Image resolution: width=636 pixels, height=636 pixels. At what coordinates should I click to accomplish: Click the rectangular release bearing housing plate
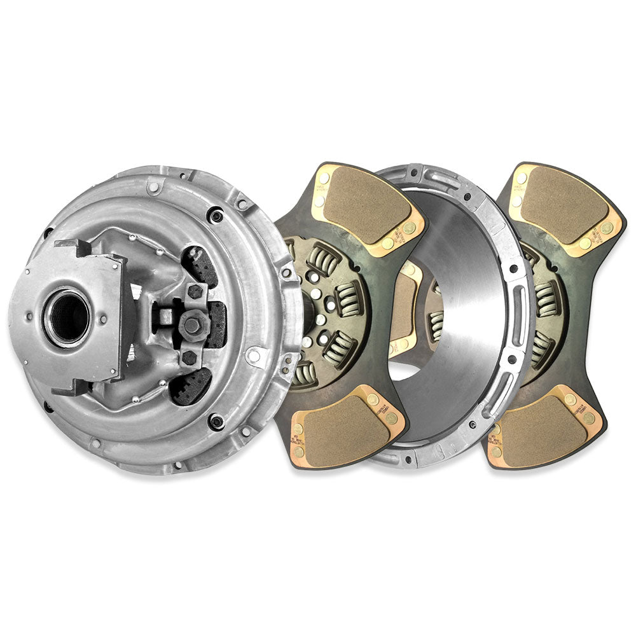click(89, 318)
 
